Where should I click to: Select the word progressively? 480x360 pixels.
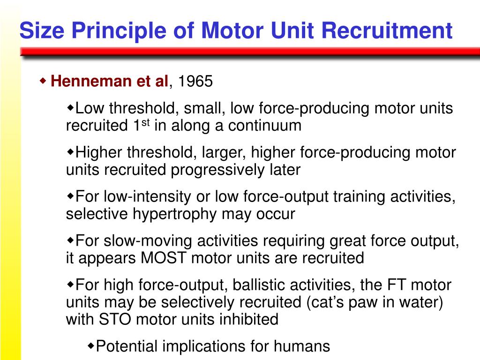219,170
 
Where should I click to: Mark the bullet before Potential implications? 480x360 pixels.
91,346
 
